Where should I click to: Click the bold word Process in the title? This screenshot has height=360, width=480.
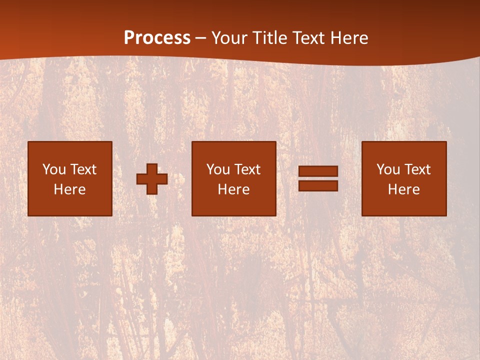tap(157, 38)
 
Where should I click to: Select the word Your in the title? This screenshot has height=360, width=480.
tap(229, 38)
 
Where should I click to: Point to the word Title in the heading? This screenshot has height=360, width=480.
tap(270, 38)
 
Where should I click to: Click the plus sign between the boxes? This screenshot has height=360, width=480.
tap(152, 179)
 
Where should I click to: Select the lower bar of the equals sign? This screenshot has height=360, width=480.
tap(318, 185)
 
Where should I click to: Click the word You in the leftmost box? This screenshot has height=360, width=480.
tap(54, 169)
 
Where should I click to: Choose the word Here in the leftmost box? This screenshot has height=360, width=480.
tap(69, 189)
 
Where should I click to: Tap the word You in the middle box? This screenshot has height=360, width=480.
tap(218, 169)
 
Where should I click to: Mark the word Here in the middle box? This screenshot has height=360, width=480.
tap(233, 189)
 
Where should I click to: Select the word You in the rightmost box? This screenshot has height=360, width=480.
tap(388, 169)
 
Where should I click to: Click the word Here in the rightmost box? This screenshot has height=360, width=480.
tap(403, 189)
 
